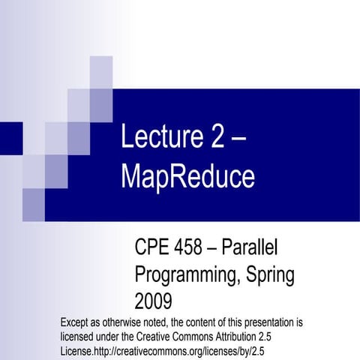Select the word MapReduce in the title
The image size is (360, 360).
[x=187, y=177]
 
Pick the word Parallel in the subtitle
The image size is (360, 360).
[x=260, y=247]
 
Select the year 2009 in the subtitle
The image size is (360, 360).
[x=153, y=301]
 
